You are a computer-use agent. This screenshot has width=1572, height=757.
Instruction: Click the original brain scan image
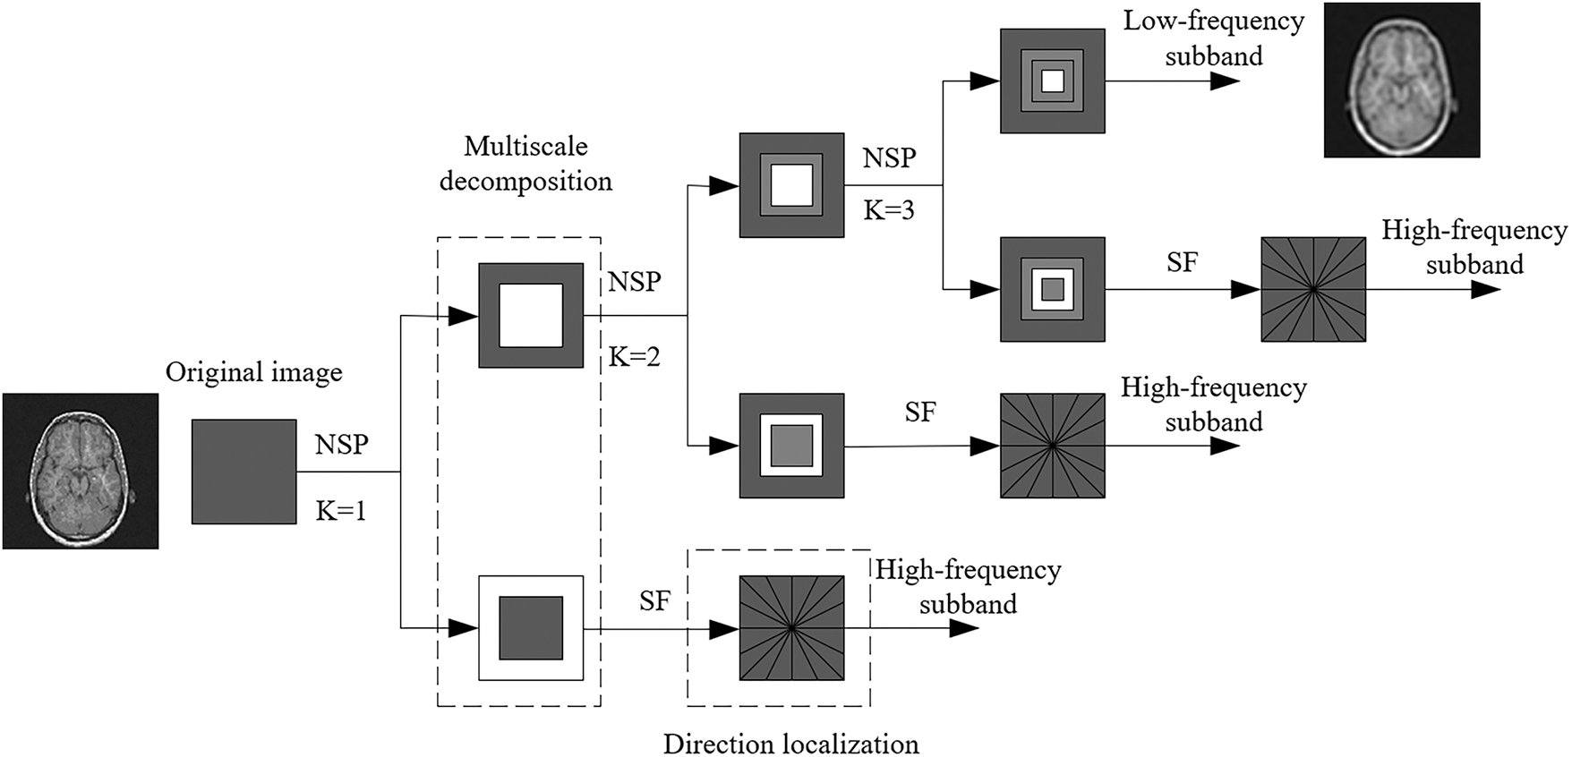coord(81,471)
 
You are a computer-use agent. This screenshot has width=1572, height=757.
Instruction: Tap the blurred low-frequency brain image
coord(1401,80)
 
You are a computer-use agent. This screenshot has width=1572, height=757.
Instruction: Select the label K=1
coord(341,511)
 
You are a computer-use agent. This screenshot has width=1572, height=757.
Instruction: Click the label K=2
coord(635,357)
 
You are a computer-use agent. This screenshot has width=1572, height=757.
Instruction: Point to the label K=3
coord(889,210)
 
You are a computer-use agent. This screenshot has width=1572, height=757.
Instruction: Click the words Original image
coord(254,372)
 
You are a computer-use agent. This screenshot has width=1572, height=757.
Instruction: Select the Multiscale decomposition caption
coord(526,164)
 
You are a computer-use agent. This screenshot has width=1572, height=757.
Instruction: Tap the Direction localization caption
coord(791,744)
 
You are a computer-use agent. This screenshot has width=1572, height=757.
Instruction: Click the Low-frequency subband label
coord(1214,38)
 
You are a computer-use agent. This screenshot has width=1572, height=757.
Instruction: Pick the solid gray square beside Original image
coord(243,472)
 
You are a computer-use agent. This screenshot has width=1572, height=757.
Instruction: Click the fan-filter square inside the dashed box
coord(791,628)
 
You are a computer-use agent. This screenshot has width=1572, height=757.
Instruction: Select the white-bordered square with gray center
coord(531,628)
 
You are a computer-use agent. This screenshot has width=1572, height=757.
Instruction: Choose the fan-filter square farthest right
coord(1313,289)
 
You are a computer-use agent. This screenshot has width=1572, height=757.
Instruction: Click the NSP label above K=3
coord(889,157)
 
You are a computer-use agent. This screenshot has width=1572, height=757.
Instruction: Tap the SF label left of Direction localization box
coord(654,600)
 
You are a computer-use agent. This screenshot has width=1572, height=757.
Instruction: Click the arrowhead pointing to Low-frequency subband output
coord(1223,81)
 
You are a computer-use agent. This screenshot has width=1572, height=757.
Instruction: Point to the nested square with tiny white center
coord(1052,81)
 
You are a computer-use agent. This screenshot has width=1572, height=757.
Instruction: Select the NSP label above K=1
coord(341,444)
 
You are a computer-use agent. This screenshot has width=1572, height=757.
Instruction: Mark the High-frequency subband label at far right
coord(1474,247)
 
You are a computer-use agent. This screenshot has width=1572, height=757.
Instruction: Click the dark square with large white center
coord(531,315)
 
